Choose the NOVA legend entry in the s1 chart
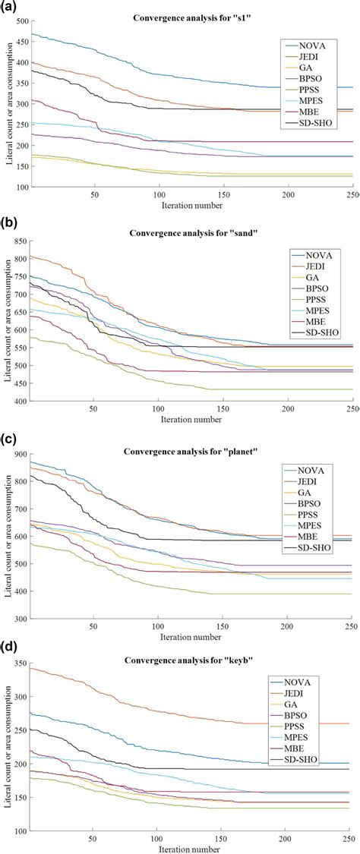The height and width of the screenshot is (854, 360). [x=317, y=46]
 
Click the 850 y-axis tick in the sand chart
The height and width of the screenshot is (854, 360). [x=18, y=241]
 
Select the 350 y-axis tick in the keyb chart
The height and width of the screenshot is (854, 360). [x=18, y=666]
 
